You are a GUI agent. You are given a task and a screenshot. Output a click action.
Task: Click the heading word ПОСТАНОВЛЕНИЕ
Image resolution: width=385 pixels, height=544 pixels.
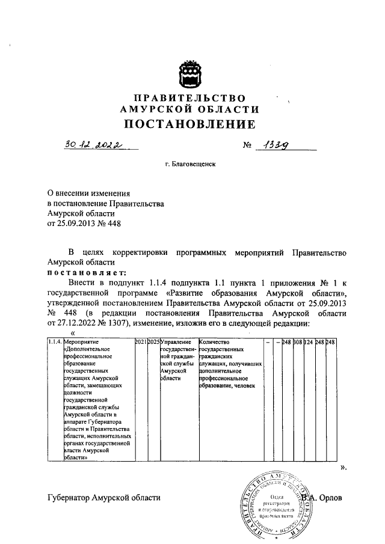(x=189, y=124)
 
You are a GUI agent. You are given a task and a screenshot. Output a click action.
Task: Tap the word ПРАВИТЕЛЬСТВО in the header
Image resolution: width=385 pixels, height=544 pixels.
(x=189, y=98)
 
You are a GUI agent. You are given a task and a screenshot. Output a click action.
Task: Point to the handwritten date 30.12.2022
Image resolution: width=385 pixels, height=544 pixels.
(x=91, y=145)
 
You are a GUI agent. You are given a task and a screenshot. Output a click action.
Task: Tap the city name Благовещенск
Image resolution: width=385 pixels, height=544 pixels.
(x=194, y=164)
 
